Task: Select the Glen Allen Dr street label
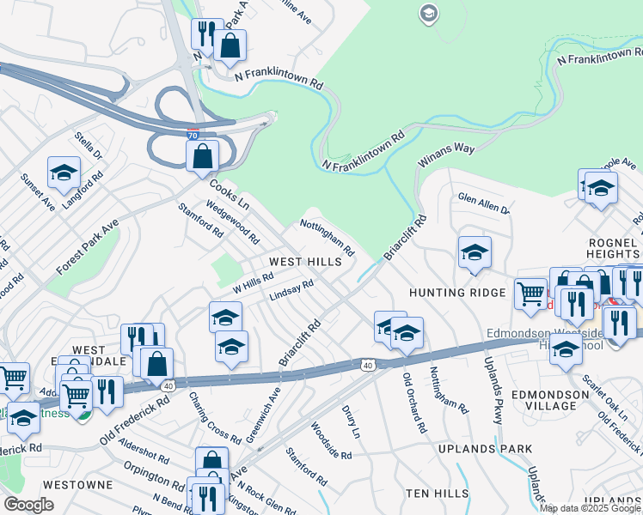coord(484,203)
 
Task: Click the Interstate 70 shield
coord(193,136)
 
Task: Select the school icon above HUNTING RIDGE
coord(475,251)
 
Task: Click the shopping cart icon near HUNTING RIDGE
coord(530,294)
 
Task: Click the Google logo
coord(28,505)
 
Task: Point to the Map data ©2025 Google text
coord(591,508)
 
